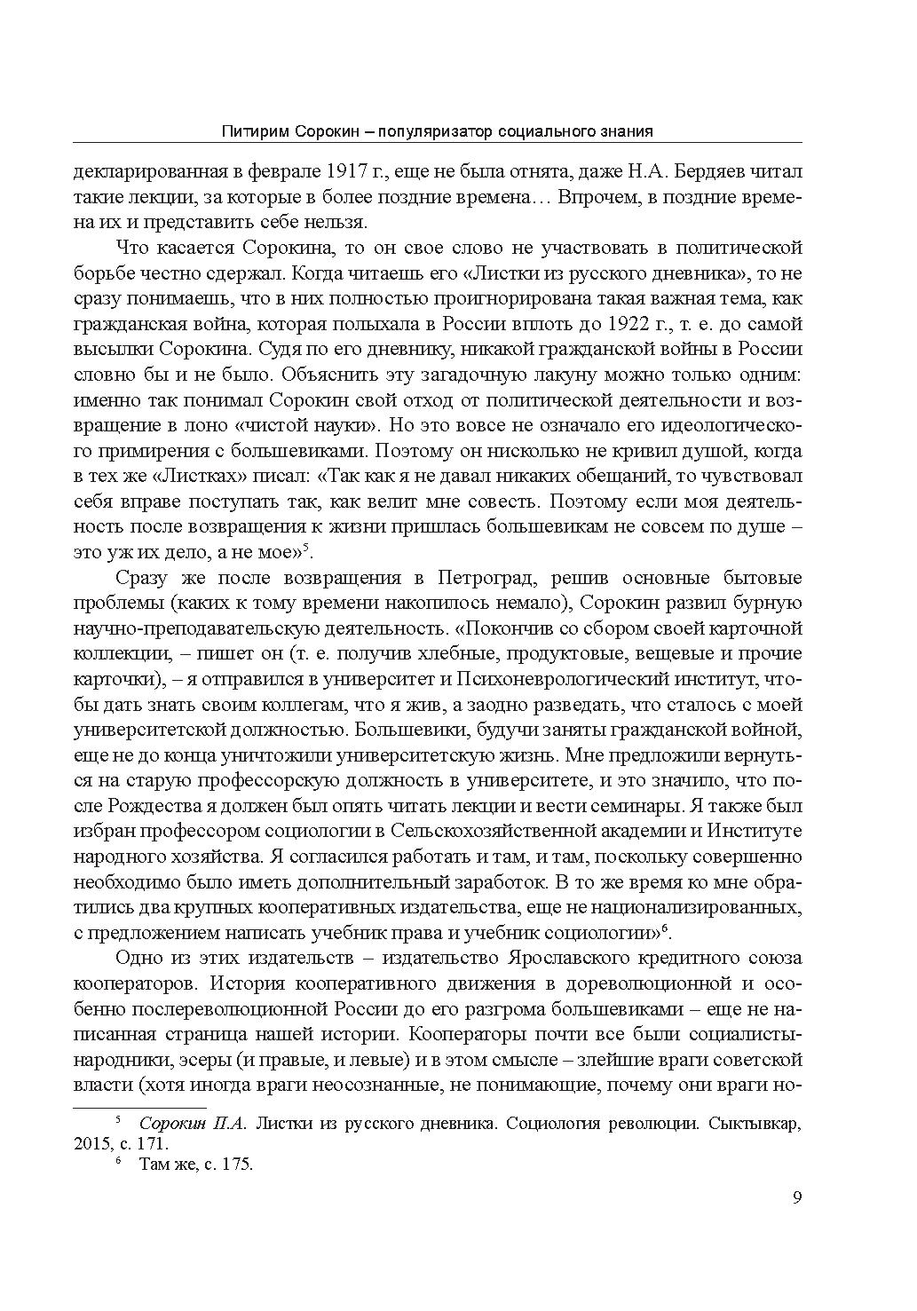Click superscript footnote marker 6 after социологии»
666,927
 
